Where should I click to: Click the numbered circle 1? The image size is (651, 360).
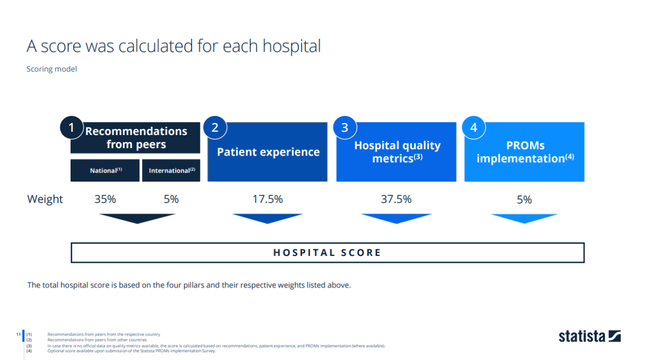tap(71, 128)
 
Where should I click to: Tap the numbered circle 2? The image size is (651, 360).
tap(215, 128)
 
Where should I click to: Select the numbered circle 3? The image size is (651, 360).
tap(344, 128)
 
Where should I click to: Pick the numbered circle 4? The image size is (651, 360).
tap(474, 128)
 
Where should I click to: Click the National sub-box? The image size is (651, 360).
tap(105, 170)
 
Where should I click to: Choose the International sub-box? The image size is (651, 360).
tap(171, 170)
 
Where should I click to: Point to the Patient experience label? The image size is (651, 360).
tap(269, 152)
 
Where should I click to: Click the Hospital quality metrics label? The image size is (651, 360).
tap(397, 152)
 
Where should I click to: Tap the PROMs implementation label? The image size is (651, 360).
tap(525, 152)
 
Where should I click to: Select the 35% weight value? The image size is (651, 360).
tap(105, 199)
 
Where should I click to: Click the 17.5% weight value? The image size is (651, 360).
tap(267, 199)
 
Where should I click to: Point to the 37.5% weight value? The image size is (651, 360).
tap(396, 199)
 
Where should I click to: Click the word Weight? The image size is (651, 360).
tap(45, 199)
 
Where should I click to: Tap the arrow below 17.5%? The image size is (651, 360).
tap(267, 218)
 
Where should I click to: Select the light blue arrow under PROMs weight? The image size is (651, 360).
tap(524, 217)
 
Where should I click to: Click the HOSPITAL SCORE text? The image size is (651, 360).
tap(327, 253)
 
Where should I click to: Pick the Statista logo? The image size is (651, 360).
tap(590, 336)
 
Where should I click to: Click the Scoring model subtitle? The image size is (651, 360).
tap(52, 69)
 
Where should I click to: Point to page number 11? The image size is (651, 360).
tap(18, 334)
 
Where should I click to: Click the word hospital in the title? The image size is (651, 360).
tap(291, 46)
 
